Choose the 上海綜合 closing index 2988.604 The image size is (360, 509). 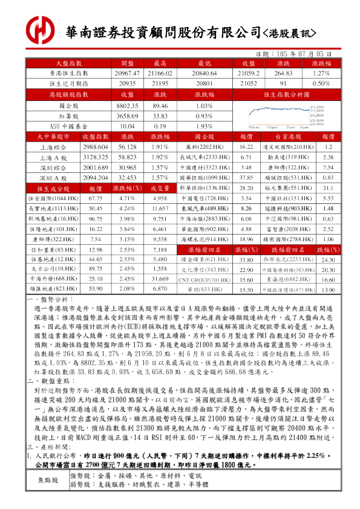95,147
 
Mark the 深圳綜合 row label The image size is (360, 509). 53,167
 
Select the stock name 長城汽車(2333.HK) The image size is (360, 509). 205,157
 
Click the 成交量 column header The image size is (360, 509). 160,188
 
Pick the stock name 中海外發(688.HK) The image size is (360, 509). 53,279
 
